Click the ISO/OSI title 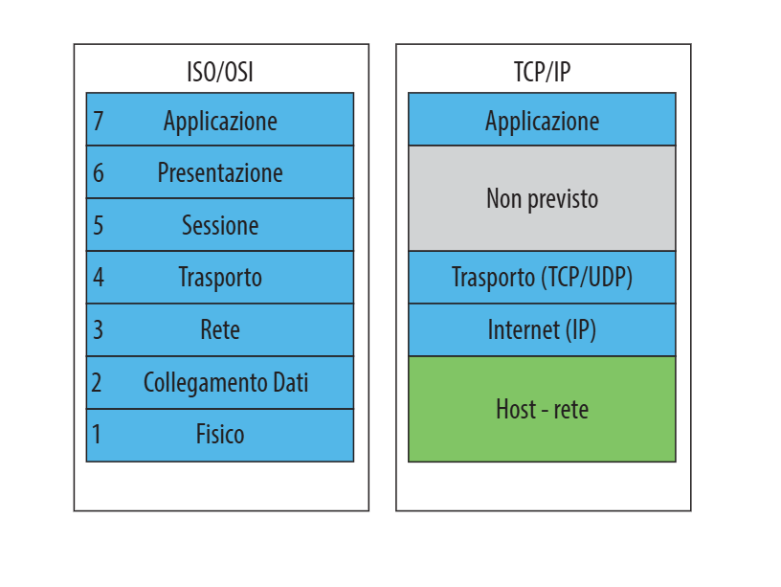220,72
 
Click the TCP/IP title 542,72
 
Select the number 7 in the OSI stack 98,121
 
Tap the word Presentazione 220,173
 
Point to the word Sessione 220,226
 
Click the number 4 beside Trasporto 98,278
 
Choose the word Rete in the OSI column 220,330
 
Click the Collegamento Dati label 226,383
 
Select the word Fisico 220,435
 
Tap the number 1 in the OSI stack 97,435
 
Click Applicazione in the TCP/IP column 542,121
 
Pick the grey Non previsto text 542,199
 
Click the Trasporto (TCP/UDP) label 542,278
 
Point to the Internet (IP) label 542,330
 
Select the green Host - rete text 542,410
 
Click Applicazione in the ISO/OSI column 220,121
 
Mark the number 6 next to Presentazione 98,173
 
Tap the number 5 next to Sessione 98,226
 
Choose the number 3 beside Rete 98,330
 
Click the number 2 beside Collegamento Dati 98,383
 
